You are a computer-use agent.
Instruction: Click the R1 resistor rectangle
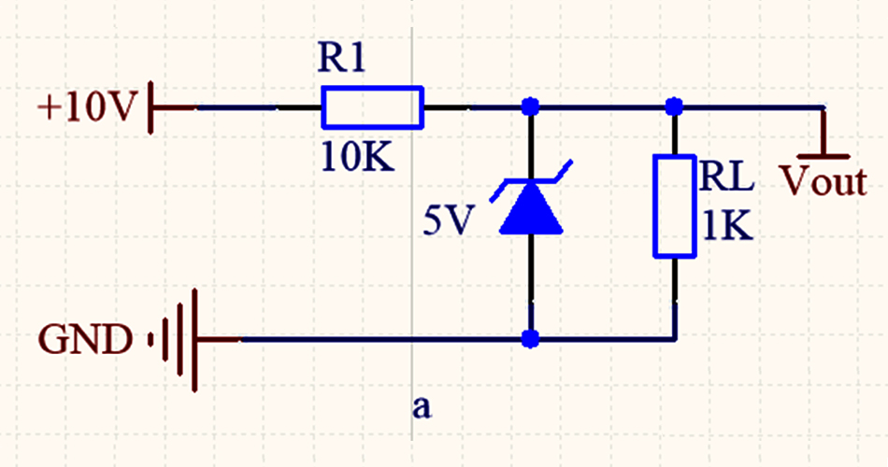tap(372, 107)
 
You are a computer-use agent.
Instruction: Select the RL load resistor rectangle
tap(675, 206)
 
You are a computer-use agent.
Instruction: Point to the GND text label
tap(84, 339)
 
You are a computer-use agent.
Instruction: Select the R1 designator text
tap(344, 61)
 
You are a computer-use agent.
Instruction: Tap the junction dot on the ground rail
tap(531, 337)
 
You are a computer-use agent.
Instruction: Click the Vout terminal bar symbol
tap(824, 154)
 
